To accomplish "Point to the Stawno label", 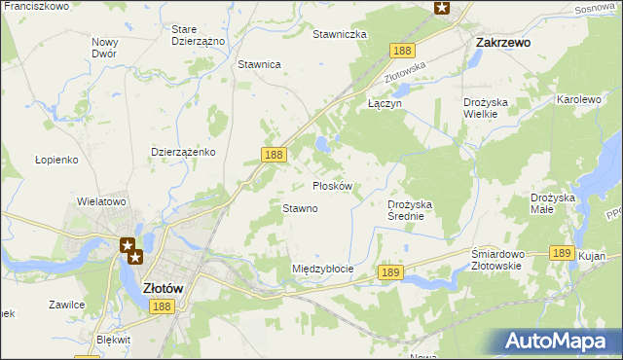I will (300, 208).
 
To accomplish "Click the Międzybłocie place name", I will (322, 269).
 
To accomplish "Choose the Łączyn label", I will (385, 102).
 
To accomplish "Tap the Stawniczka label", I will (339, 34).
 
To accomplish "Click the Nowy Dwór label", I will (104, 48).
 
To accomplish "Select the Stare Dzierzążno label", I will (198, 36).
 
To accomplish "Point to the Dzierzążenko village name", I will (183, 152).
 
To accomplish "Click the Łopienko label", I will (55, 160).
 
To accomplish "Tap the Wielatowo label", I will (102, 201).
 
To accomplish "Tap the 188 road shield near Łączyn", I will (401, 50).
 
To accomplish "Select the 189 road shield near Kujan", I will (560, 252).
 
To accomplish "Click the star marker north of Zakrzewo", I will (442, 8).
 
